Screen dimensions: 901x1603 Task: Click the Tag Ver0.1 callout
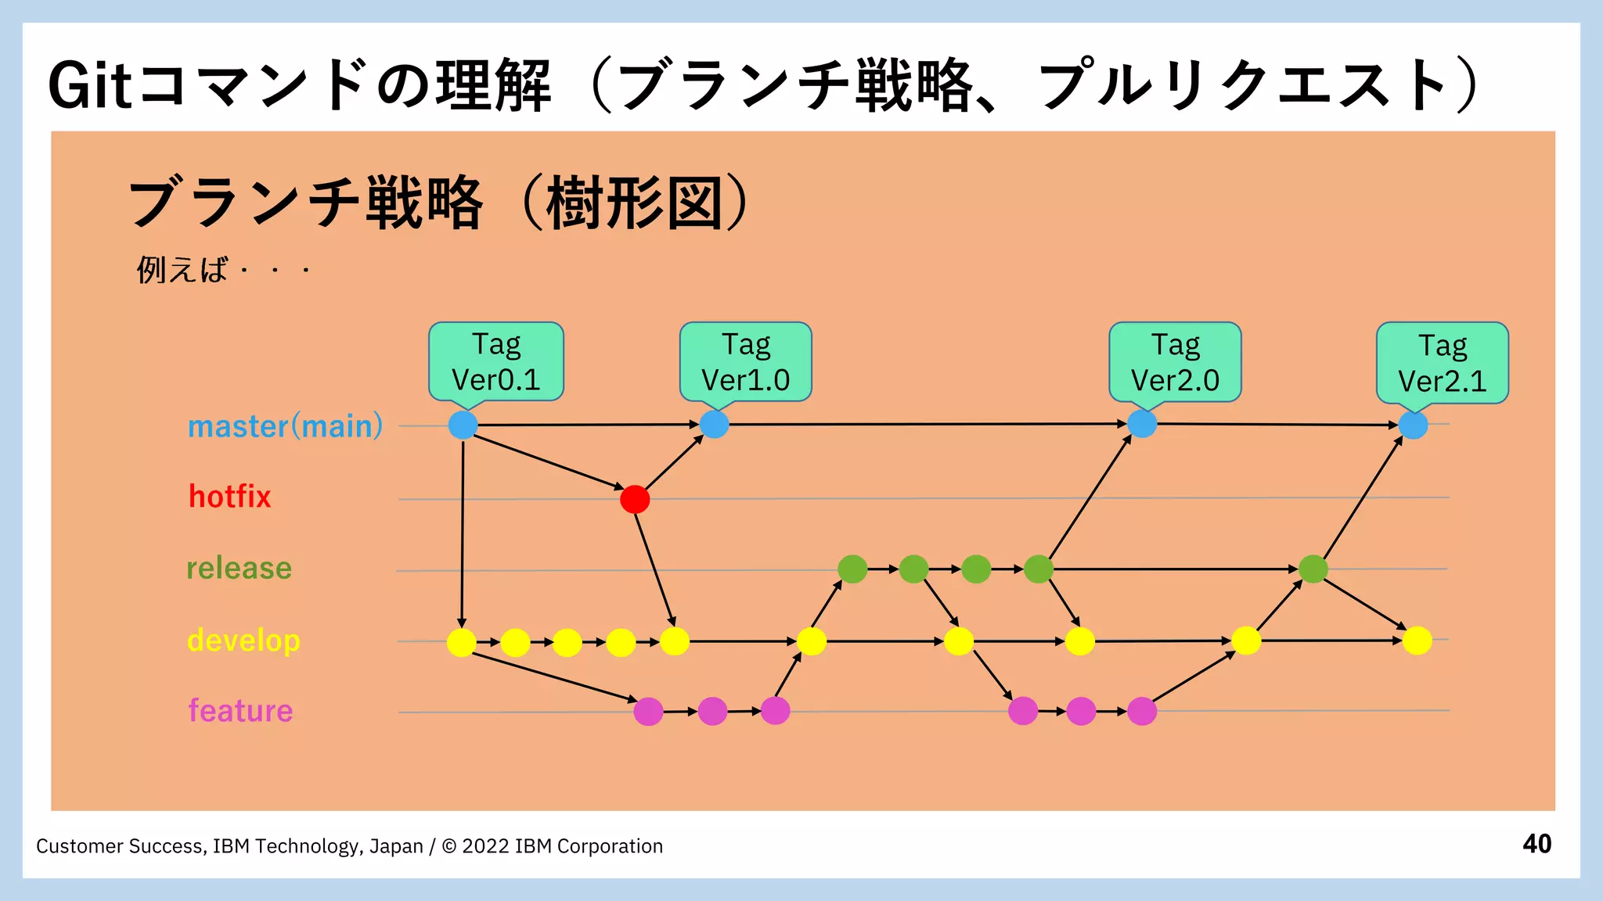coord(495,361)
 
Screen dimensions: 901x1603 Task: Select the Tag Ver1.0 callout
coord(745,361)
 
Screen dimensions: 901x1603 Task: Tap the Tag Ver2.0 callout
coord(1175,362)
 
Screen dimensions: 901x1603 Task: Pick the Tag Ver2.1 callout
coord(1442,363)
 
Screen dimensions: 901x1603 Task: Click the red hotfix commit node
coord(635,499)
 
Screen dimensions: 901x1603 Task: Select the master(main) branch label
coord(285,426)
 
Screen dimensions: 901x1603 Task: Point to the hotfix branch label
coord(229,497)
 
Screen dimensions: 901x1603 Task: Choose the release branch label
coord(239,568)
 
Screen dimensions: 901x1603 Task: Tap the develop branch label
coord(243,640)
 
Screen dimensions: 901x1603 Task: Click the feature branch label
coord(240,710)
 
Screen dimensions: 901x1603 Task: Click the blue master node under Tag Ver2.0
coord(1142,424)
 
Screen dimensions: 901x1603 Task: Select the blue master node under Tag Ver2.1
coord(1413,425)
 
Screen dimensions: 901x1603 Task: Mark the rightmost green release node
coord(1313,569)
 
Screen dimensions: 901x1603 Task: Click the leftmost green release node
coord(852,569)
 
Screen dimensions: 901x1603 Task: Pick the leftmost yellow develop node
coord(462,642)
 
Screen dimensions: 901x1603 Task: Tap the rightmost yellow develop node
coord(1417,641)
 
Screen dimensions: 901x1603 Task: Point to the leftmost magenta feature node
coord(648,711)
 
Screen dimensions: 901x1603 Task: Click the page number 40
coord(1536,844)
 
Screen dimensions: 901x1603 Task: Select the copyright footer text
coord(349,846)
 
